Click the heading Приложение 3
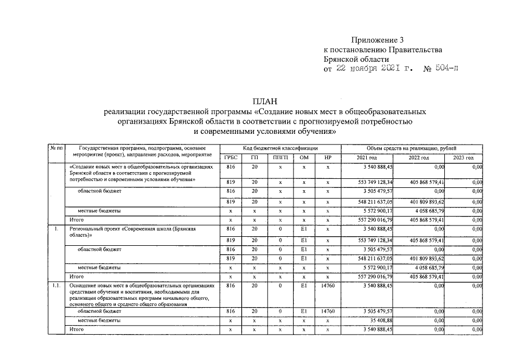377,40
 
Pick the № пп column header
56,147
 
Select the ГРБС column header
231,158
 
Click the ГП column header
255,158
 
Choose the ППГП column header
280,158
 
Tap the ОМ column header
304,158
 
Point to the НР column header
328,158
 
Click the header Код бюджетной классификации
280,148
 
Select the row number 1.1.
56,286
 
